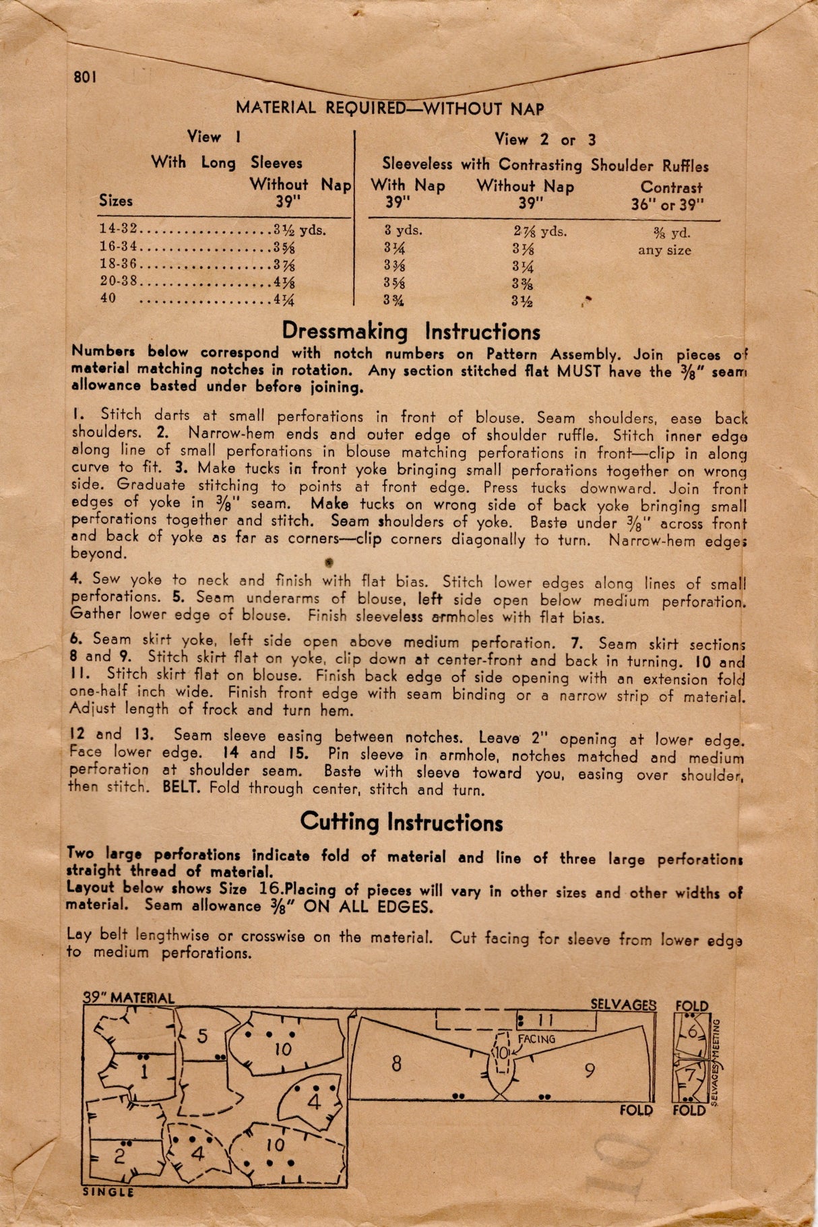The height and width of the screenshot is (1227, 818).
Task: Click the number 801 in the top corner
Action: [x=86, y=77]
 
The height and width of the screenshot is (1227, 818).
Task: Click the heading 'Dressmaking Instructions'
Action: [x=410, y=332]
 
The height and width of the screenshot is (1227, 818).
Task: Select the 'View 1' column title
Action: [x=214, y=137]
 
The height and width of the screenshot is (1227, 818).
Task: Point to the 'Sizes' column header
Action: [x=116, y=201]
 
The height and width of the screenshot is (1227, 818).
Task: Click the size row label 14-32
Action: [x=118, y=229]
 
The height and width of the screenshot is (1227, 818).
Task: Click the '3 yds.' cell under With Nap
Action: [x=403, y=230]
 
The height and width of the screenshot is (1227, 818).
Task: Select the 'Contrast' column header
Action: [x=671, y=188]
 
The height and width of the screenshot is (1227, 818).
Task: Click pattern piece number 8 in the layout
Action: [x=396, y=1063]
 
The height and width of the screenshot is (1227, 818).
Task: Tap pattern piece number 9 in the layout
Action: [x=590, y=1070]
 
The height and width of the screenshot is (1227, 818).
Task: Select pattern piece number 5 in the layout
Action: [x=202, y=1036]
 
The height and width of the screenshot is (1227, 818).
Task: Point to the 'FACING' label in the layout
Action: [x=536, y=1040]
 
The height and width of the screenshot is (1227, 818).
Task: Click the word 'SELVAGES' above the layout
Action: [x=623, y=1005]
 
